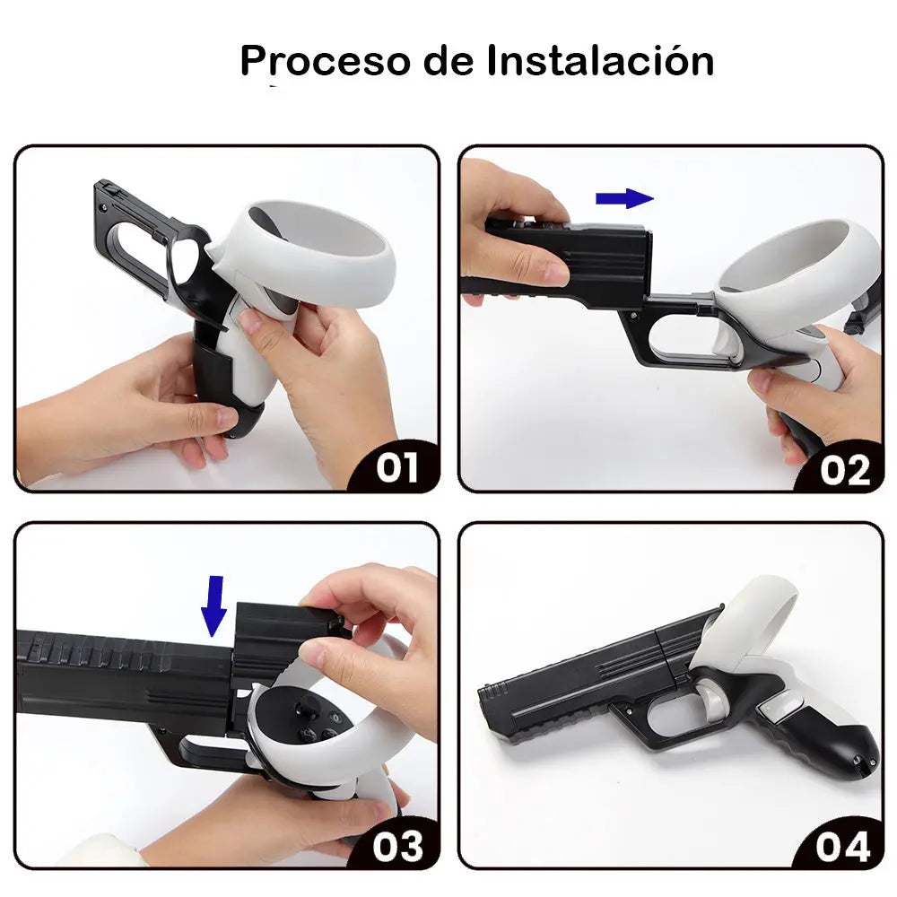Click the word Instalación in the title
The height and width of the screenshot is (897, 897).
pos(600,61)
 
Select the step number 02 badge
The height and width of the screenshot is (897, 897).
pos(842,469)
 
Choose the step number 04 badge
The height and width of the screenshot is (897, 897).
pos(842,845)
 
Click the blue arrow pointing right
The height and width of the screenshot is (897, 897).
pos(625,198)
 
